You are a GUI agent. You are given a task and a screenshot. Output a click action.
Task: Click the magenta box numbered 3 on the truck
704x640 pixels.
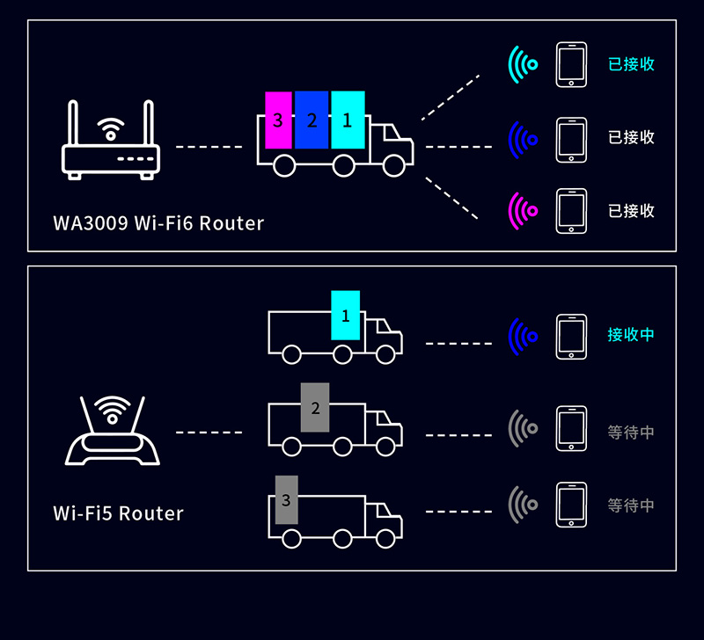278,120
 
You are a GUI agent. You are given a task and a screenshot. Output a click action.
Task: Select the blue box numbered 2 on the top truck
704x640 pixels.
312,120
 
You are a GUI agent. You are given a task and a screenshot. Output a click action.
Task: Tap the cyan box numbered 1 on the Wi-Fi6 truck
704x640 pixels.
347,120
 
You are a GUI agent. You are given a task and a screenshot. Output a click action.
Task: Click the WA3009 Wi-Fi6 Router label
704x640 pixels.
158,223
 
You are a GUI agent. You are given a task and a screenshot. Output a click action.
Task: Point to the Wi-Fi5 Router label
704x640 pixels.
118,513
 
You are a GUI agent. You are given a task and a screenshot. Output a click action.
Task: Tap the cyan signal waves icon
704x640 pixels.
523,64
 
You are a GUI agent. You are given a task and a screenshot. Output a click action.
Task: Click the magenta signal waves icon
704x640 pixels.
523,211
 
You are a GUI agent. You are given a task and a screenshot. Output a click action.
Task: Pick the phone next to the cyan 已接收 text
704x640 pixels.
571,65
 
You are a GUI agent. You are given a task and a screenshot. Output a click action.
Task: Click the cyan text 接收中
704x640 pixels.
631,335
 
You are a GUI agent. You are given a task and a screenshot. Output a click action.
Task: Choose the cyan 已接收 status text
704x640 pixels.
631,64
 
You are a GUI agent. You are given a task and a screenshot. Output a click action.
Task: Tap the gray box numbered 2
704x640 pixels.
314,407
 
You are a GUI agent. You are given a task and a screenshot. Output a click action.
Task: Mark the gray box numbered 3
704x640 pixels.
286,499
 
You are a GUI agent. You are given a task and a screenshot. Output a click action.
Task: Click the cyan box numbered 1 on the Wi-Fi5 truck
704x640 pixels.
345,315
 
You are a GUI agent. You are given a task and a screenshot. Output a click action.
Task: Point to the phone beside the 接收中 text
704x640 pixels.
571,336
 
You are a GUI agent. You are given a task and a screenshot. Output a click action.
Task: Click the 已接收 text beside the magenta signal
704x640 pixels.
631,211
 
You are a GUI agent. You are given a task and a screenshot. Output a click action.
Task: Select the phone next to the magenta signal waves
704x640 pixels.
571,211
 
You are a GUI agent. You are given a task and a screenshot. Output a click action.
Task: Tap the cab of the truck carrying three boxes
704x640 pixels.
390,145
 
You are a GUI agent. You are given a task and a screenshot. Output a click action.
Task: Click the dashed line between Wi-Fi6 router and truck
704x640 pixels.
209,146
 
